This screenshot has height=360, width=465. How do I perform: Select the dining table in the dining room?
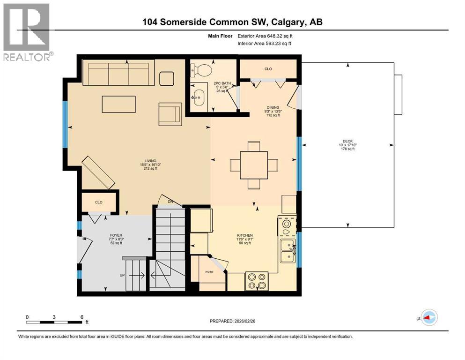254,165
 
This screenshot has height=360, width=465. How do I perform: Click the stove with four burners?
257,281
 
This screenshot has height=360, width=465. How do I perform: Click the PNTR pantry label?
209,271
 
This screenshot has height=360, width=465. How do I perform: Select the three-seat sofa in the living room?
118,73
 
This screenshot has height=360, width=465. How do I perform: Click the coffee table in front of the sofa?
119,104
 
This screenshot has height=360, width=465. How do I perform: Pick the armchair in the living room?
170,114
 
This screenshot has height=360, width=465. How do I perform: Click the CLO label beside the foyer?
98,202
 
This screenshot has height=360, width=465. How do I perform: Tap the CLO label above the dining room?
268,69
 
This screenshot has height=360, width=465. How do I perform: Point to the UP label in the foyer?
122,275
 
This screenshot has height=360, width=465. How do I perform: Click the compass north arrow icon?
428,318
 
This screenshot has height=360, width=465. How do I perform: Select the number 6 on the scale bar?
81,317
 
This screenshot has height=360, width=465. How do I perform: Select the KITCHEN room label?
245,235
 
